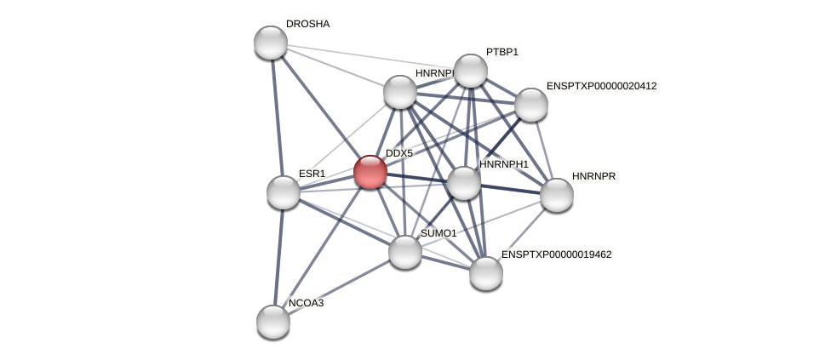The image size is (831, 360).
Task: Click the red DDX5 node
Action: click(x=370, y=172)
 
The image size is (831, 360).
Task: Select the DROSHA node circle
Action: click(x=271, y=43)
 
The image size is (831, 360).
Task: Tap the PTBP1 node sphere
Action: click(x=471, y=71)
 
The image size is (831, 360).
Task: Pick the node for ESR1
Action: click(x=284, y=192)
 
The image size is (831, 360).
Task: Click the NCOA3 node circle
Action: click(x=273, y=322)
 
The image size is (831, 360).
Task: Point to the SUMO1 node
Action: click(x=405, y=252)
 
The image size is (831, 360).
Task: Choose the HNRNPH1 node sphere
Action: click(x=464, y=183)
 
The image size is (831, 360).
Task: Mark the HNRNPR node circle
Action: click(x=557, y=195)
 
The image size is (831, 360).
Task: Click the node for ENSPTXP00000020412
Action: click(x=531, y=105)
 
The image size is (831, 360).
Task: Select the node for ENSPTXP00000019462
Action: click(x=486, y=273)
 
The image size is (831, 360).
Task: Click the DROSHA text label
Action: click(x=307, y=24)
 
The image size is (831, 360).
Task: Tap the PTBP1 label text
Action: click(x=501, y=52)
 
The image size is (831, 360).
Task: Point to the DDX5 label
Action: click(x=398, y=153)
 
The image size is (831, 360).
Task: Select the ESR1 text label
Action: click(x=312, y=174)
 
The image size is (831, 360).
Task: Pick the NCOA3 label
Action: click(x=306, y=303)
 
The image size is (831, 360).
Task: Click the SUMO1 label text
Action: click(x=438, y=233)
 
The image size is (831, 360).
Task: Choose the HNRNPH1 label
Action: click(x=503, y=164)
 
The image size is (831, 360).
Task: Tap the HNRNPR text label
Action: click(x=593, y=176)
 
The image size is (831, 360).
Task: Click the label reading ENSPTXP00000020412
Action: click(x=601, y=86)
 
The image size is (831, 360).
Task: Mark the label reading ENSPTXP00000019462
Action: click(x=556, y=254)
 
